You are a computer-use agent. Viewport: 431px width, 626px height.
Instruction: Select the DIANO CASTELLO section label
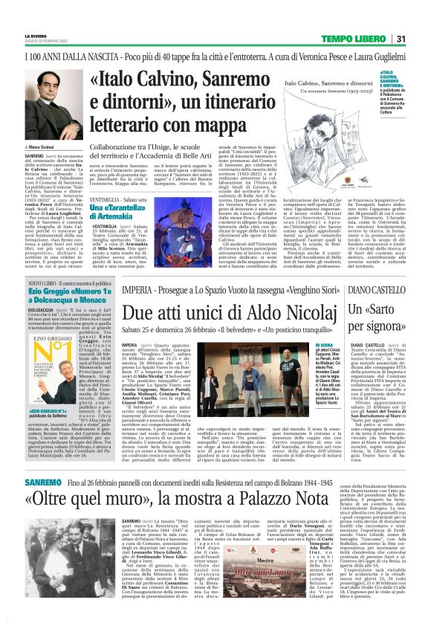tap(375, 287)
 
